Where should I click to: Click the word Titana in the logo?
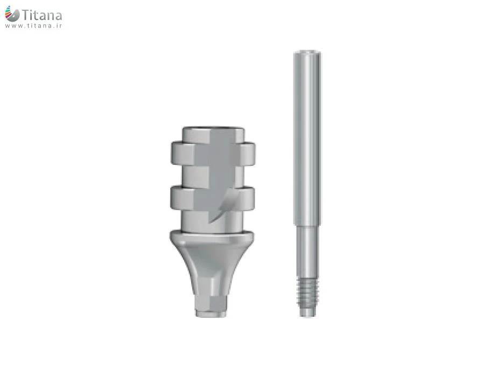coord(42,15)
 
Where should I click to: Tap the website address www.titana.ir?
coord(33,26)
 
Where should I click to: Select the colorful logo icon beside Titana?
coord(12,14)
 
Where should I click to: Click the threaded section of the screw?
coord(308,291)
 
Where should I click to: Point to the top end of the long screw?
coord(307,51)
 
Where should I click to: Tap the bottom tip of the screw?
coord(308,315)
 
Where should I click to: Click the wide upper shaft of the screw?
coord(307,138)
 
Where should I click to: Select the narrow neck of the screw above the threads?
coord(307,251)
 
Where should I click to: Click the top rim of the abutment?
coord(213,129)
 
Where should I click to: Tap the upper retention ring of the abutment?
coord(213,153)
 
